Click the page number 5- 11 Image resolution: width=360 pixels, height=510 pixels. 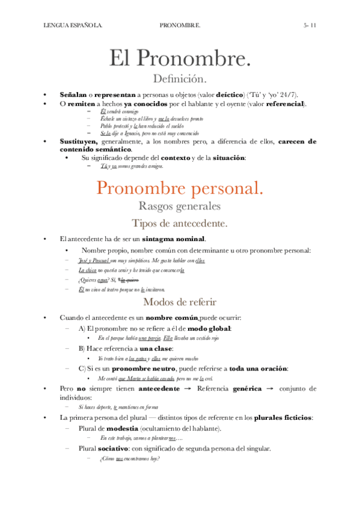(314, 26)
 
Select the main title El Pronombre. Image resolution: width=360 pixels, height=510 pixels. (180, 59)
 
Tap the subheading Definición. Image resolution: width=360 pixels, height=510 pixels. (180, 79)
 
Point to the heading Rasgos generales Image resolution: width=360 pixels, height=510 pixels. (180, 206)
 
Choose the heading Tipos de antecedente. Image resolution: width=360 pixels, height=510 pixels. (180, 224)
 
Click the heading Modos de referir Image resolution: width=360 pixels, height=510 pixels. (180, 302)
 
